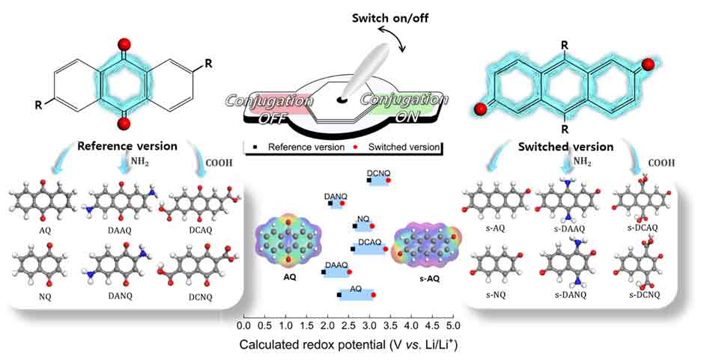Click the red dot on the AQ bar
(372, 296)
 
